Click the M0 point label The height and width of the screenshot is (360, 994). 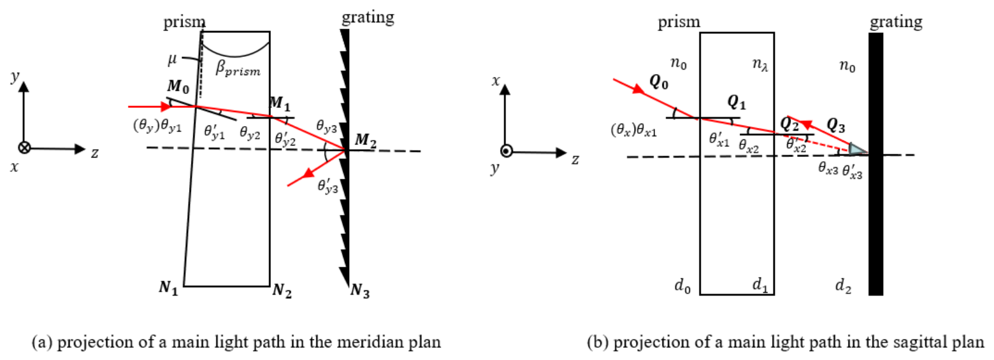coord(178,86)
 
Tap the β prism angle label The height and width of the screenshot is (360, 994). coord(238,69)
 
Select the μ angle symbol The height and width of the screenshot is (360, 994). coord(172,59)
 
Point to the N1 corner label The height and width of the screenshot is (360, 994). coord(168,288)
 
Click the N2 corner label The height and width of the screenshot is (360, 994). coord(282,291)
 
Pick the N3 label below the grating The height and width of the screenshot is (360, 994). coord(359,291)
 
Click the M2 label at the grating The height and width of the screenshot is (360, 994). coord(365,141)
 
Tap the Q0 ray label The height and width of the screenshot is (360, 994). coord(658,82)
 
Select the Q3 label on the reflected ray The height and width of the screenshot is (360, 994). coord(836,126)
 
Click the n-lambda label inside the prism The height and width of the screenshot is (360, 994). coord(759,65)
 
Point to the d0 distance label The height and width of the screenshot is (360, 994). coord(682,286)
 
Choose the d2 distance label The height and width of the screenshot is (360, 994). coord(843,286)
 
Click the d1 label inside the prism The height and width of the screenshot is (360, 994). coord(759,284)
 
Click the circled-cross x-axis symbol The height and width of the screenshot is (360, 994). coord(24,148)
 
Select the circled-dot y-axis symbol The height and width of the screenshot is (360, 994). coord(506,151)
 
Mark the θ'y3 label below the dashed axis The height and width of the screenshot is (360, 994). coord(327,186)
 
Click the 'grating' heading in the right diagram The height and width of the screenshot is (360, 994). coord(896,22)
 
